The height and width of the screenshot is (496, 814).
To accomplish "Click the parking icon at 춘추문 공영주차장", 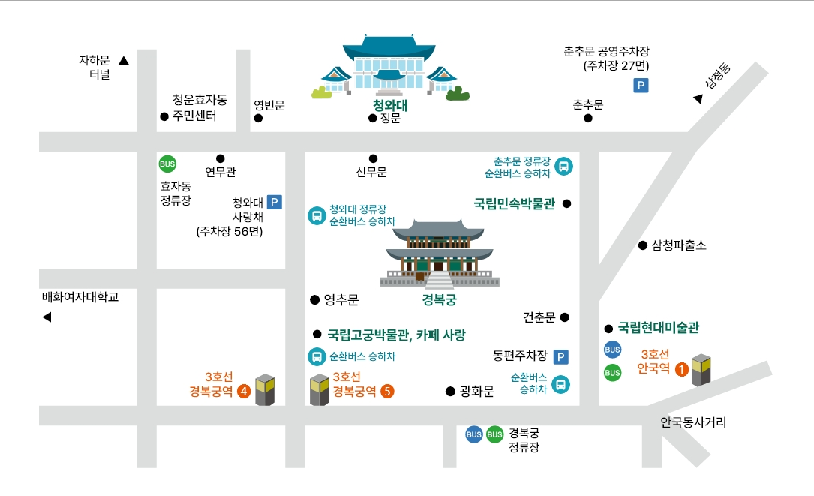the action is [641, 86].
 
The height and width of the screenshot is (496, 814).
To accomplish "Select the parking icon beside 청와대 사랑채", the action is [274, 202].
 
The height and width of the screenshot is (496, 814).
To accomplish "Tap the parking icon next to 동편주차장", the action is [561, 357].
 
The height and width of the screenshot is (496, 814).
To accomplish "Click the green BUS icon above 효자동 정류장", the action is [167, 164].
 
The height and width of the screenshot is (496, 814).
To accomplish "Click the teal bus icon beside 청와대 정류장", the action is [317, 216].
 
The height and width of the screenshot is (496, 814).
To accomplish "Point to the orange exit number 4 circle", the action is [243, 391].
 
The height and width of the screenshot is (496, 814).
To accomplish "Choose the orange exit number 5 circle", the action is [387, 391].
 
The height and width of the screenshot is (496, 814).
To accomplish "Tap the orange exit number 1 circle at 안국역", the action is [681, 369].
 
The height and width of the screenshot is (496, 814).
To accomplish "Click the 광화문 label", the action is [476, 391].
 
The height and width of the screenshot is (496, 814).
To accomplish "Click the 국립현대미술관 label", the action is [658, 328].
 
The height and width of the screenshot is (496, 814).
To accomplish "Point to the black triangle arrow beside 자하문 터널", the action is [124, 61].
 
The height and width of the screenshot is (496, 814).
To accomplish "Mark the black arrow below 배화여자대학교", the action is [47, 317].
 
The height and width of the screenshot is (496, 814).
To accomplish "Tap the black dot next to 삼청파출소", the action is [643, 245].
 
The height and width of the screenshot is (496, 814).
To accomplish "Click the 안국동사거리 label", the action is [693, 422].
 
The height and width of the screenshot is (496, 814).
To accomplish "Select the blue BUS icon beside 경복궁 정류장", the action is [474, 434].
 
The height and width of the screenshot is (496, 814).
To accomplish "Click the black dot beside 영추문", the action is [314, 300].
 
